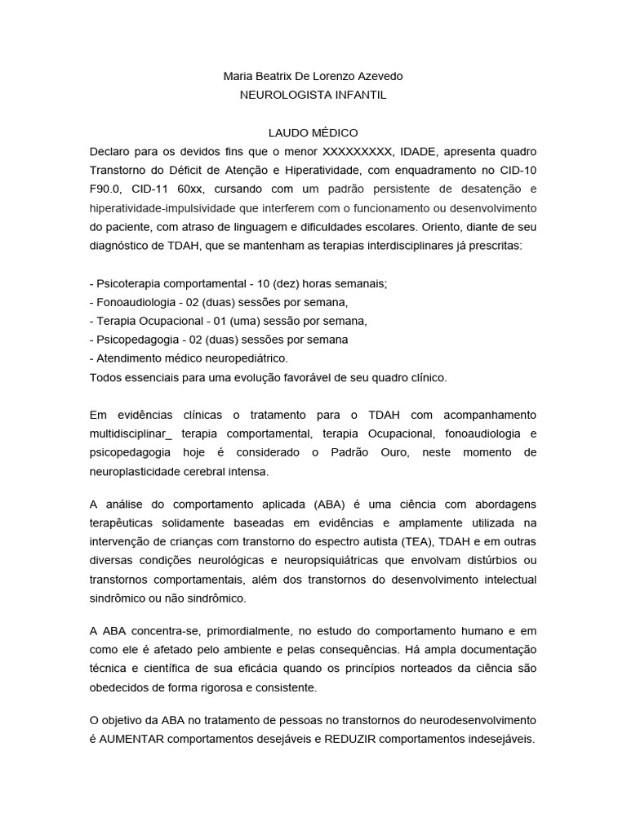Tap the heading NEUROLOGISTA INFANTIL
313,95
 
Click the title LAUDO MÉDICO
313,132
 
